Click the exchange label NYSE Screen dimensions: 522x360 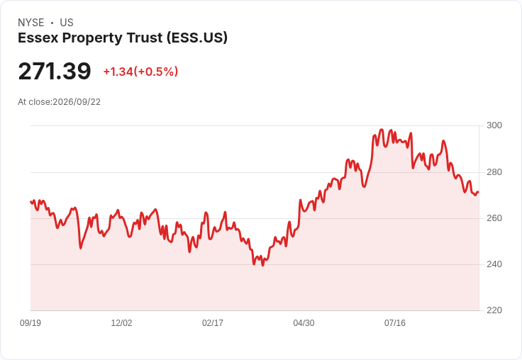(31, 23)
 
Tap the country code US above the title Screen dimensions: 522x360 (67, 23)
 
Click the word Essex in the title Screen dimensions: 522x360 (38, 38)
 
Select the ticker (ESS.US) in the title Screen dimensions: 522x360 (197, 38)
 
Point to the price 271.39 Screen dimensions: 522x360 (55, 71)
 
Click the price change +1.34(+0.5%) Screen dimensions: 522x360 (141, 72)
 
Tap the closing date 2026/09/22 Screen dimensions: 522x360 (77, 102)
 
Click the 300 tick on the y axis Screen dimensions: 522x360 (494, 125)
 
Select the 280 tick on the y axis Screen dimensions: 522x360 (494, 172)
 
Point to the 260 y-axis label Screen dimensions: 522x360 (494, 218)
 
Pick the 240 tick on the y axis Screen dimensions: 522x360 (494, 264)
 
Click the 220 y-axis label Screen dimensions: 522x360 (494, 310)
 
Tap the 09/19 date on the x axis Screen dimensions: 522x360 (30, 323)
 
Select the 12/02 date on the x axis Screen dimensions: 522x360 (121, 323)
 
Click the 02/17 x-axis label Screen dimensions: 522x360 (213, 323)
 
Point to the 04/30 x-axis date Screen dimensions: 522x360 (304, 323)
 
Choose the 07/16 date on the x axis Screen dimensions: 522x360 (395, 323)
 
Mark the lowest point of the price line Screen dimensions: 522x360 (263, 266)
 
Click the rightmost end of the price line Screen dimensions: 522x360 (479, 192)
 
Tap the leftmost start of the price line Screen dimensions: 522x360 (31, 202)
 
